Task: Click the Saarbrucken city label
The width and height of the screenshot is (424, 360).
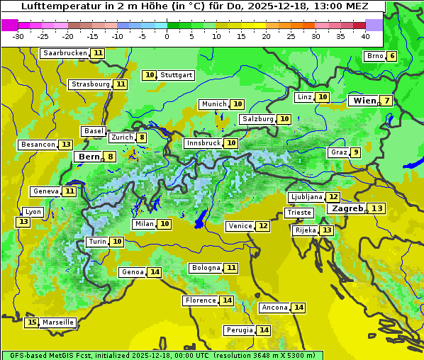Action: [x=65, y=53]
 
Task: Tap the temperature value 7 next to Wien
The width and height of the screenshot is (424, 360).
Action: [x=386, y=101]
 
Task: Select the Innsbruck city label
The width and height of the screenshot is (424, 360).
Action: [x=203, y=143]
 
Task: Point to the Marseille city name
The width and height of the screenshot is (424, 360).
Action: [x=58, y=322]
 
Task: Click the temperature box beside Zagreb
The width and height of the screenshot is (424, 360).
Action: [x=377, y=208]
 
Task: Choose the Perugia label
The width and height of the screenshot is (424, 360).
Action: [x=239, y=330]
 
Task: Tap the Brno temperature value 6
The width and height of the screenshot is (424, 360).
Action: [x=392, y=57]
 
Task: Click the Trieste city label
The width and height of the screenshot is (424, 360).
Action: [x=299, y=213]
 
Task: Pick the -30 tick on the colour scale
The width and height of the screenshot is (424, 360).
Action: [x=18, y=36]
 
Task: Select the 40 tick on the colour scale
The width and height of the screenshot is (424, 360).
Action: [x=365, y=36]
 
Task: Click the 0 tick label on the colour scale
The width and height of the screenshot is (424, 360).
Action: [x=167, y=36]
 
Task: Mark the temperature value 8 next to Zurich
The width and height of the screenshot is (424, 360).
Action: [x=142, y=137]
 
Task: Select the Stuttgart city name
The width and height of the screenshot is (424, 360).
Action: [x=177, y=75]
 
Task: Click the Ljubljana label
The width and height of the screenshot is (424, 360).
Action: [x=306, y=197]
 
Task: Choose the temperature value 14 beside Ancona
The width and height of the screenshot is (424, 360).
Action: [x=299, y=308]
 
